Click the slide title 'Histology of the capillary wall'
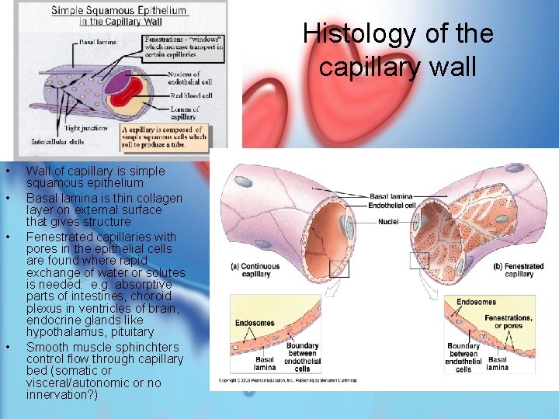pos(398,50)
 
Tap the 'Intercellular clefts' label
pos(57,141)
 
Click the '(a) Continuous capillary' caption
pos(255,269)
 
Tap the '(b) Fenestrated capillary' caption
pos(518,269)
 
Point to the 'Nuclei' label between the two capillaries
pos(389,221)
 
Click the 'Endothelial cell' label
pos(393,206)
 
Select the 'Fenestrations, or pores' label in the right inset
pos(508,322)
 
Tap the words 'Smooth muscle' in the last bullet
pos(66,347)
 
